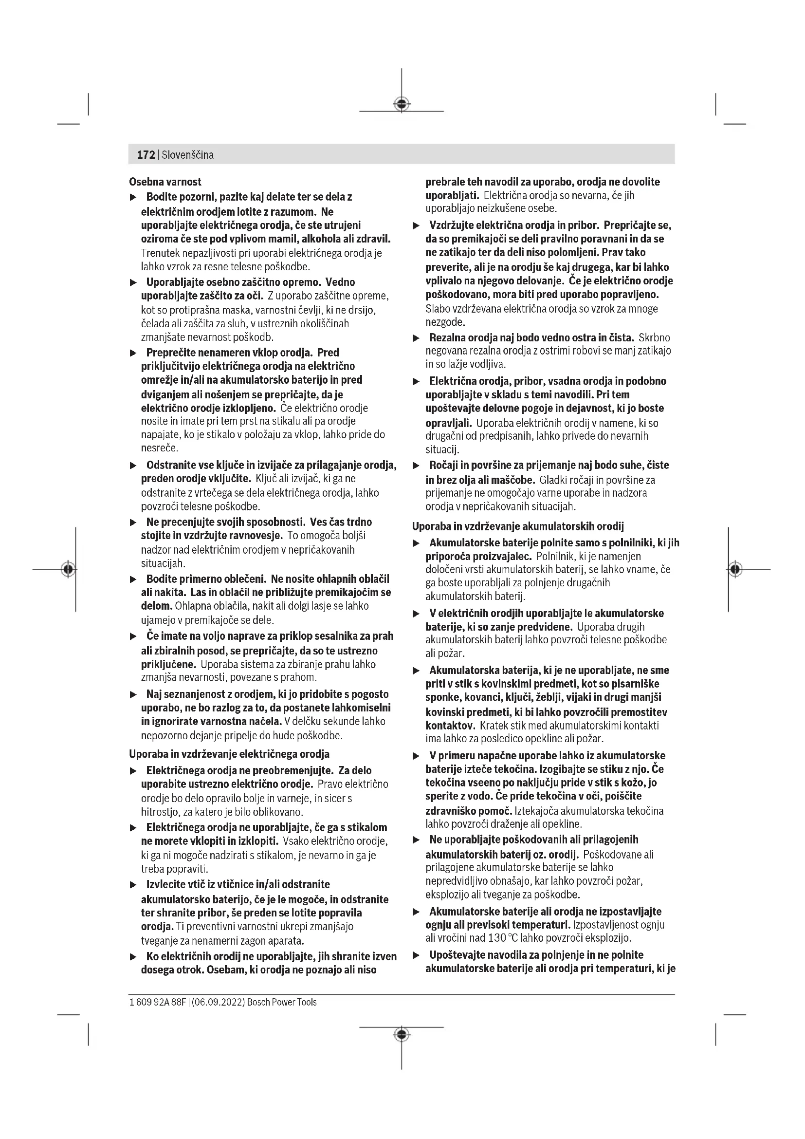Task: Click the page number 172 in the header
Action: (145, 155)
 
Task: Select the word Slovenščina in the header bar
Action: (188, 155)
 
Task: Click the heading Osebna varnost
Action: (165, 182)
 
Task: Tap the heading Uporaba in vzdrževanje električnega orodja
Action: (229, 754)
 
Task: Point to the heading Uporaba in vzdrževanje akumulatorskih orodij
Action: (518, 526)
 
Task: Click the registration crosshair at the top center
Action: (402, 104)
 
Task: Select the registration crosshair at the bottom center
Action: (402, 1034)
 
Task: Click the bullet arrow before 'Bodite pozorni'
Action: (133, 197)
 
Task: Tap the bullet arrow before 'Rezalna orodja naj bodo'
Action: (417, 338)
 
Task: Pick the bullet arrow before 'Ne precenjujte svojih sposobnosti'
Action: (133, 523)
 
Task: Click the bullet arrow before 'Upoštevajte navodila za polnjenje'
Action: (417, 955)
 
